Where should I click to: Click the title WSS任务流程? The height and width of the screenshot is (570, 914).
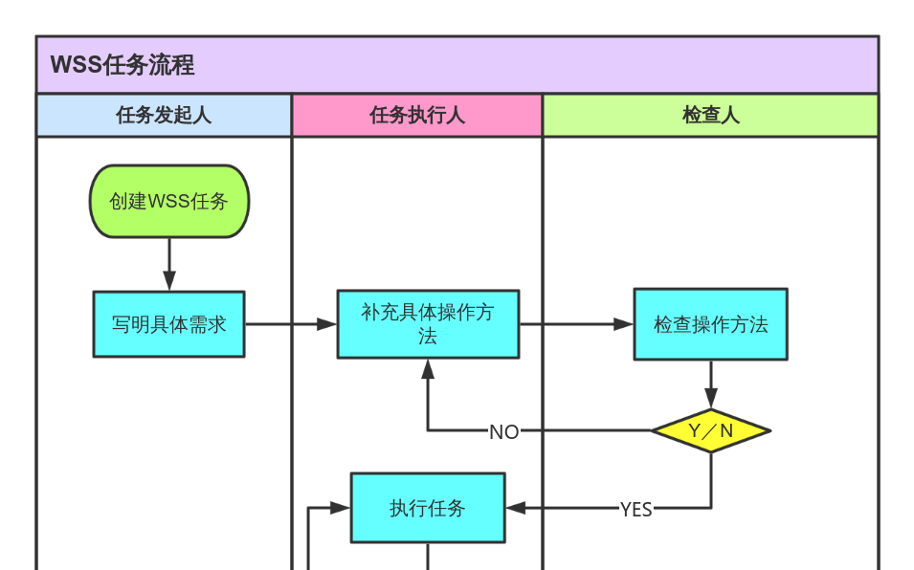pyautogui.click(x=123, y=65)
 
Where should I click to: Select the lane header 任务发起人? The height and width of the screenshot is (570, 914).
pyautogui.click(x=164, y=116)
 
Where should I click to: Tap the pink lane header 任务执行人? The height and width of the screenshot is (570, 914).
pyautogui.click(x=417, y=116)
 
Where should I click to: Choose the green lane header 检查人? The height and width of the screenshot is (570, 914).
pyautogui.click(x=710, y=116)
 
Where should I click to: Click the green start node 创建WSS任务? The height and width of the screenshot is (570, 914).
pyautogui.click(x=169, y=201)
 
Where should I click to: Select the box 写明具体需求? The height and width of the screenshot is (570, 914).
pyautogui.click(x=168, y=324)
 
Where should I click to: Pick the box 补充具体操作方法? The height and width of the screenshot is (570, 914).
pyautogui.click(x=428, y=324)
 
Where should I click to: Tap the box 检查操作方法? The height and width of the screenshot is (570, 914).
pyautogui.click(x=710, y=324)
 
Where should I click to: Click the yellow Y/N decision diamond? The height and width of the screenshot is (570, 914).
pyautogui.click(x=710, y=431)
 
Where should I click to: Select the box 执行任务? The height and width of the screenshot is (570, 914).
pyautogui.click(x=427, y=508)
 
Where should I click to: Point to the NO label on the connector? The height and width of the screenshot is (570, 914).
pyautogui.click(x=503, y=432)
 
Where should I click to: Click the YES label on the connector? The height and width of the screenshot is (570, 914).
pyautogui.click(x=635, y=510)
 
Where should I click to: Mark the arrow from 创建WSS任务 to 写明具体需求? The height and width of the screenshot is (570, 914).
pyautogui.click(x=169, y=262)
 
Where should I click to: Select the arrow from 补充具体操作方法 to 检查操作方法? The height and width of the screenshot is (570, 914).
pyautogui.click(x=574, y=324)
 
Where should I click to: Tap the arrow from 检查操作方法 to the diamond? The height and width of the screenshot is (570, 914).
pyautogui.click(x=710, y=383)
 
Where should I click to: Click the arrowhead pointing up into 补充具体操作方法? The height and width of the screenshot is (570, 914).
pyautogui.click(x=428, y=368)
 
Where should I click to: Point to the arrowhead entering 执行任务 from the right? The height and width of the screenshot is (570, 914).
pyautogui.click(x=515, y=508)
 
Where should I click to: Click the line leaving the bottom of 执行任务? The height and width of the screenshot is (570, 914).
pyautogui.click(x=427, y=557)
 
